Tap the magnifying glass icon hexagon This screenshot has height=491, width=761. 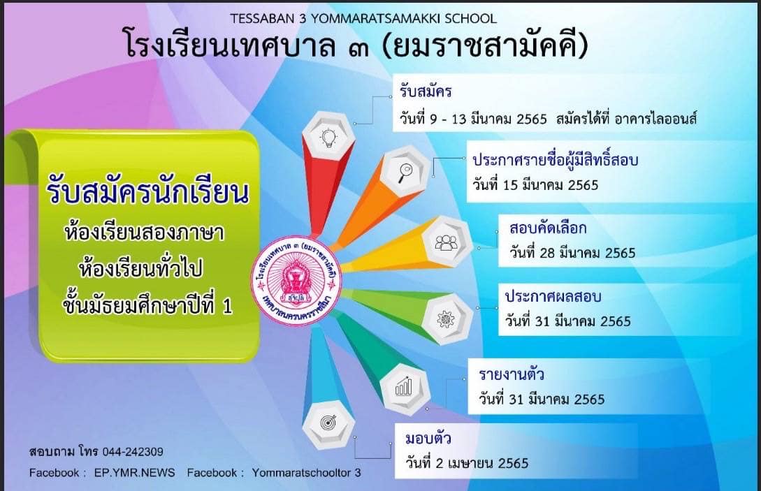[405, 171]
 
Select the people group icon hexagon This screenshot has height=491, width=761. [447, 242]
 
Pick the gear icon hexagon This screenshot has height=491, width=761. [447, 318]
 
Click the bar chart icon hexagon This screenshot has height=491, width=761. [405, 388]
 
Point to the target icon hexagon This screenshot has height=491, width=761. [328, 424]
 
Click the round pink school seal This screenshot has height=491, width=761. [296, 281]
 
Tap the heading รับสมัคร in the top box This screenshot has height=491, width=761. [426, 91]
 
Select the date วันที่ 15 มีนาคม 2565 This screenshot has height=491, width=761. [535, 185]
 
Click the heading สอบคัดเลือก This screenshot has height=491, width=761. [548, 228]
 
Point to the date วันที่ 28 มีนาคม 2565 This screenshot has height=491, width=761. [572, 253]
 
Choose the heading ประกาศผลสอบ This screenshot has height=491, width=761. [553, 296]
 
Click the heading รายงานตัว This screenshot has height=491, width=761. [511, 374]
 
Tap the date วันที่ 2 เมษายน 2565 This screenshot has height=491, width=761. [467, 463]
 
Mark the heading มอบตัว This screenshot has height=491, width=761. [428, 439]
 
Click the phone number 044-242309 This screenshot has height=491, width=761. [133, 452]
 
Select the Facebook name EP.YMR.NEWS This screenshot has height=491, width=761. [134, 473]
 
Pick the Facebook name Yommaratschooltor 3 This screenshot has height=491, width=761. [306, 473]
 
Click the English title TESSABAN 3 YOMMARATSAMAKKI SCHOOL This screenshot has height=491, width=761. [363, 18]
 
